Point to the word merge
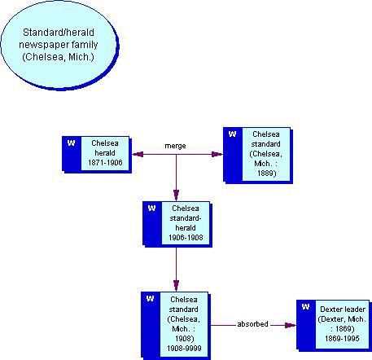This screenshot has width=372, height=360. [175, 146]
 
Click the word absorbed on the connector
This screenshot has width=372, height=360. [252, 323]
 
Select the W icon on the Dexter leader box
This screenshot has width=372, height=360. [305, 307]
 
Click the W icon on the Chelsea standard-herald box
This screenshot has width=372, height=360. [151, 209]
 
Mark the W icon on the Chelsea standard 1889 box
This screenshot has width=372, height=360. [232, 134]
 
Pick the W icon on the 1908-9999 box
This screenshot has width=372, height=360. [151, 299]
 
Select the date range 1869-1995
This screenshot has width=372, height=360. [339, 338]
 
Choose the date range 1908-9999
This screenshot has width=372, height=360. [184, 348]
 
